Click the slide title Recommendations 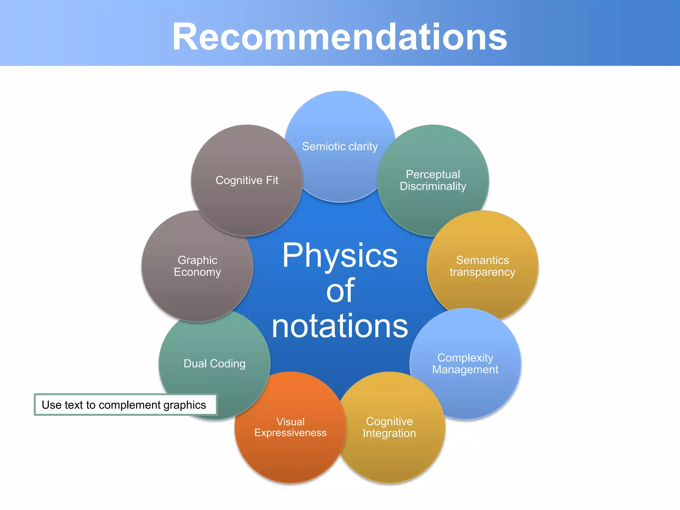(x=340, y=37)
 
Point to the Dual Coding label (x=214, y=364)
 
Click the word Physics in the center (x=340, y=255)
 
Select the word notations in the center (x=340, y=326)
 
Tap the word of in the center (x=340, y=291)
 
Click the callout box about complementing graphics (x=125, y=405)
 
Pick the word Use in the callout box (x=51, y=405)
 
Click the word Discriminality (x=433, y=186)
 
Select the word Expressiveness (x=290, y=433)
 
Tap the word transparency (x=482, y=272)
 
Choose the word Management (x=465, y=370)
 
